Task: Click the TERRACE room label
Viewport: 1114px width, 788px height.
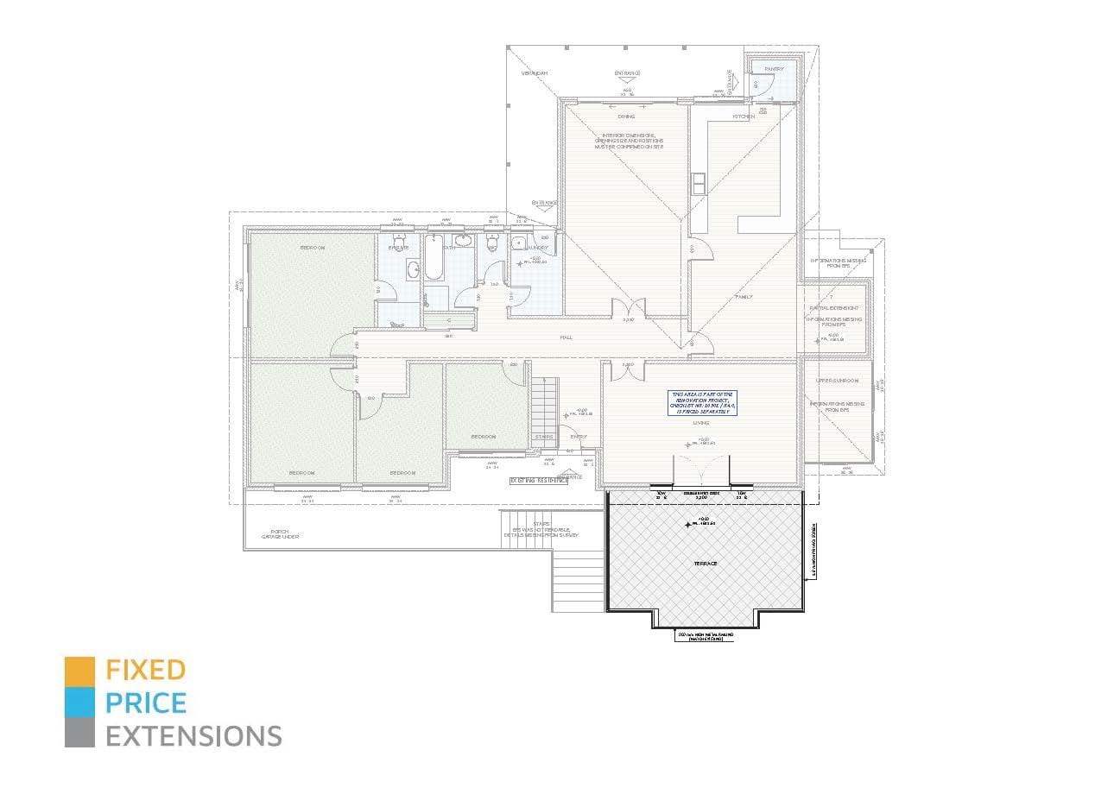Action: (x=705, y=564)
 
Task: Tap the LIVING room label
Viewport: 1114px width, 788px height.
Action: (x=700, y=424)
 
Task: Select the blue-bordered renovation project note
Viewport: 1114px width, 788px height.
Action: (x=700, y=403)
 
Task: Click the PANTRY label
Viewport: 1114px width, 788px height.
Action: (x=774, y=68)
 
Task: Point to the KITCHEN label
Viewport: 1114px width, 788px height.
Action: (x=744, y=117)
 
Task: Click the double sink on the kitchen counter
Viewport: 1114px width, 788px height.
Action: (x=698, y=184)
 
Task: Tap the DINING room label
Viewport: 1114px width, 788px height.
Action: (x=626, y=117)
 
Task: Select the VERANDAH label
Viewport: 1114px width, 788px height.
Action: (x=535, y=73)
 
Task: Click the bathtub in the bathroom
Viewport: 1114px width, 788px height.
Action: (x=434, y=257)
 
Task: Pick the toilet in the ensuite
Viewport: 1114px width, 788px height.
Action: (x=398, y=240)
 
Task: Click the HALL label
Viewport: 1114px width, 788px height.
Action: (x=566, y=337)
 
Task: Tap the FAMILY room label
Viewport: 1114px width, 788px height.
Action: (x=743, y=297)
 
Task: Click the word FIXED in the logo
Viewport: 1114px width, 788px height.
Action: (x=145, y=669)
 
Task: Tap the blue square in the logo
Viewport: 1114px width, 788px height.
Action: (x=79, y=703)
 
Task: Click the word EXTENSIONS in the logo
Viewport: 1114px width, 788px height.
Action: (x=193, y=736)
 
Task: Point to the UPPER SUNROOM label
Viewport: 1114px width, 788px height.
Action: (x=837, y=381)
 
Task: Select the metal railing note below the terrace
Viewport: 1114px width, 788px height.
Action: (x=706, y=636)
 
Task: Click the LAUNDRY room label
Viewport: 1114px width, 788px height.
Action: (x=536, y=248)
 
